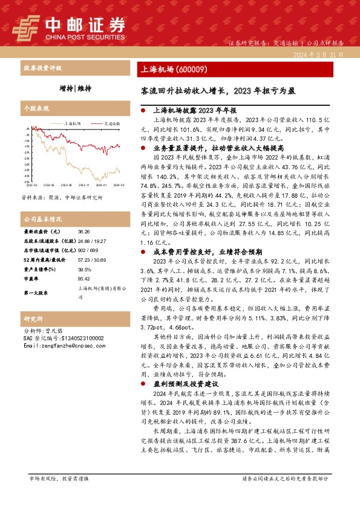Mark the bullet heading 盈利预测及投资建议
187,383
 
